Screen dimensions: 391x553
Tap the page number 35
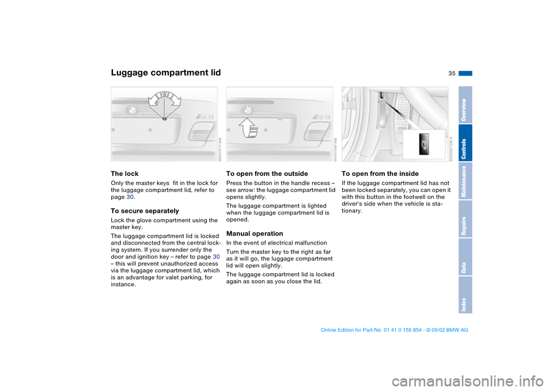coord(451,73)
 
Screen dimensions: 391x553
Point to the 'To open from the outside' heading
coord(267,174)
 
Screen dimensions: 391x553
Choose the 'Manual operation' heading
coord(255,234)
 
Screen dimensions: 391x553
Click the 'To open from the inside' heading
coord(380,174)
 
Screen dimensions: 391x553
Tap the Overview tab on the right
coord(465,105)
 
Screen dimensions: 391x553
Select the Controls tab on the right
coord(465,143)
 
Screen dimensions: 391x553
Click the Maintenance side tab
coord(465,181)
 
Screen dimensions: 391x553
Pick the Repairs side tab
coord(465,219)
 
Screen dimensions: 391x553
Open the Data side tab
coord(465,257)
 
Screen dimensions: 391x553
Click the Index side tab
coord(465,295)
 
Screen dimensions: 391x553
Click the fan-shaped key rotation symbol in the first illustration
coord(164,102)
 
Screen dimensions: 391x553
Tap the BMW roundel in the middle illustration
coord(248,108)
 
